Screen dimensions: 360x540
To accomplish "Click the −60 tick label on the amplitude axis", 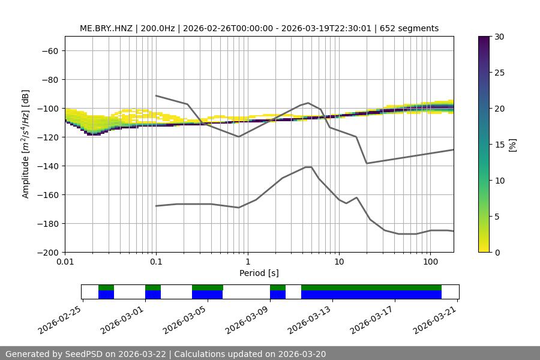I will pos(49,51).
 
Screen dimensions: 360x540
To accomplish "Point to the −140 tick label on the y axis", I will pos(46,166).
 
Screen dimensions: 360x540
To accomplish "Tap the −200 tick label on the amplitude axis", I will pos(46,253).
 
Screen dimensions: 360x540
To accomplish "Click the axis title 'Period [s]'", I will pos(259,274).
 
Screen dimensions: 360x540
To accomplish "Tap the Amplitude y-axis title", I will pos(26,144).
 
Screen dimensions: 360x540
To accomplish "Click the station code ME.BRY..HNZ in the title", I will pos(106,29).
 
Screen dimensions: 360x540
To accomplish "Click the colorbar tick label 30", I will pos(499,37).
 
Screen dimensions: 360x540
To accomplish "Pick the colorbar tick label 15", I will pos(499,145).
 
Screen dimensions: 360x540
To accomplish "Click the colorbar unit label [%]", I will pos(512,144).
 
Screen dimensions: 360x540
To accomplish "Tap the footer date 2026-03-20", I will pos(302,355).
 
